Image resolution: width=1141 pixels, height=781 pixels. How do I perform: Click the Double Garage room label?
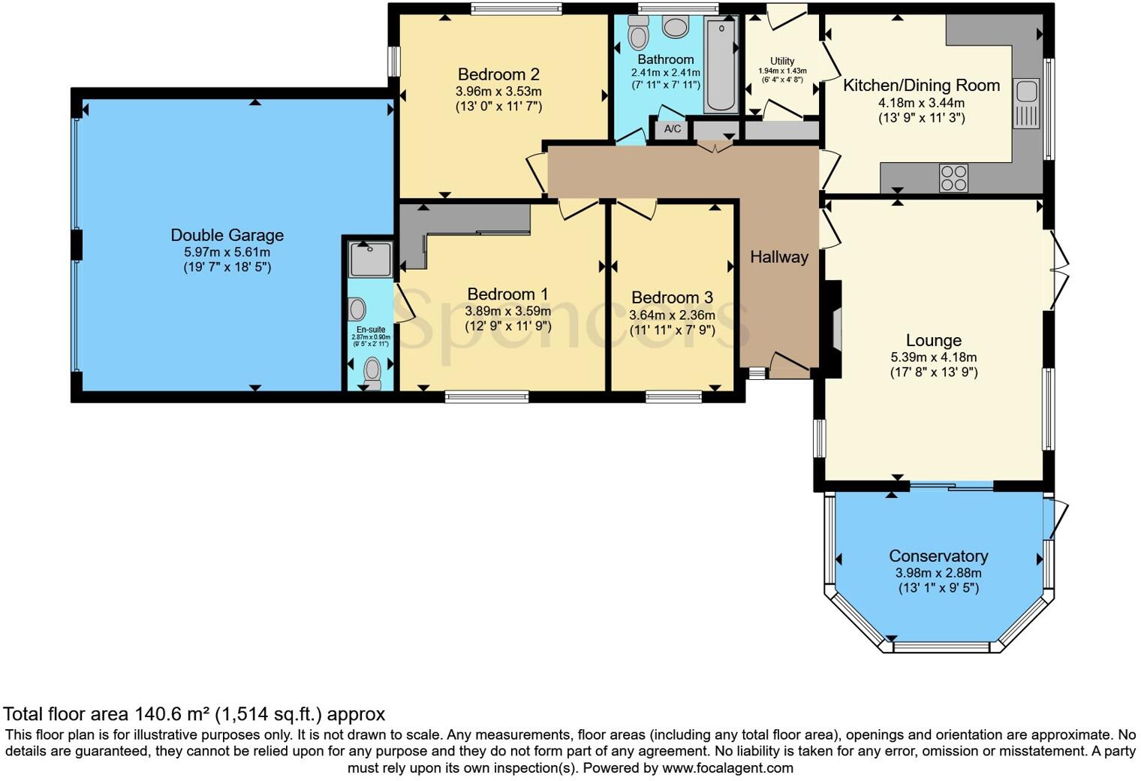tap(227, 235)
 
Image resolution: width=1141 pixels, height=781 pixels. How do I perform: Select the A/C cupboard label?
tap(673, 129)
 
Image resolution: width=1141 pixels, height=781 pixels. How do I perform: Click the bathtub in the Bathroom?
tap(721, 66)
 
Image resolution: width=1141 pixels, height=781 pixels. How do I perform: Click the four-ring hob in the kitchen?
tap(953, 179)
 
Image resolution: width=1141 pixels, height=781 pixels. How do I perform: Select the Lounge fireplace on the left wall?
tap(833, 328)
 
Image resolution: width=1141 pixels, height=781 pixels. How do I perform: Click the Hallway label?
tap(779, 257)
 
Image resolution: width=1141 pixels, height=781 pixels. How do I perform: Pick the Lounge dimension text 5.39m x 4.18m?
tap(934, 357)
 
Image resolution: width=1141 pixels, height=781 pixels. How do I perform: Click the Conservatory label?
tap(938, 556)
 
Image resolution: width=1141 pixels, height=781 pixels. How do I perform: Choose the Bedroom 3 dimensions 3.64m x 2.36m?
tap(672, 315)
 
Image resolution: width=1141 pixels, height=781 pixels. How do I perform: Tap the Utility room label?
tap(782, 62)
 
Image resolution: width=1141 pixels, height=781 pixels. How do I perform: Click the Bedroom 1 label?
tap(507, 294)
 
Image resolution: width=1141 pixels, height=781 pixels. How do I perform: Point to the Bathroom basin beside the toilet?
tap(676, 28)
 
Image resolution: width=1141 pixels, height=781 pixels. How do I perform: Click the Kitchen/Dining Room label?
tap(921, 85)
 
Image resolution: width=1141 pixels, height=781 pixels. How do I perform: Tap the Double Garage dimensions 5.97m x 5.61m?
tap(227, 252)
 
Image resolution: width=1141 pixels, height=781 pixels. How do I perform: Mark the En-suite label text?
tap(371, 330)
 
